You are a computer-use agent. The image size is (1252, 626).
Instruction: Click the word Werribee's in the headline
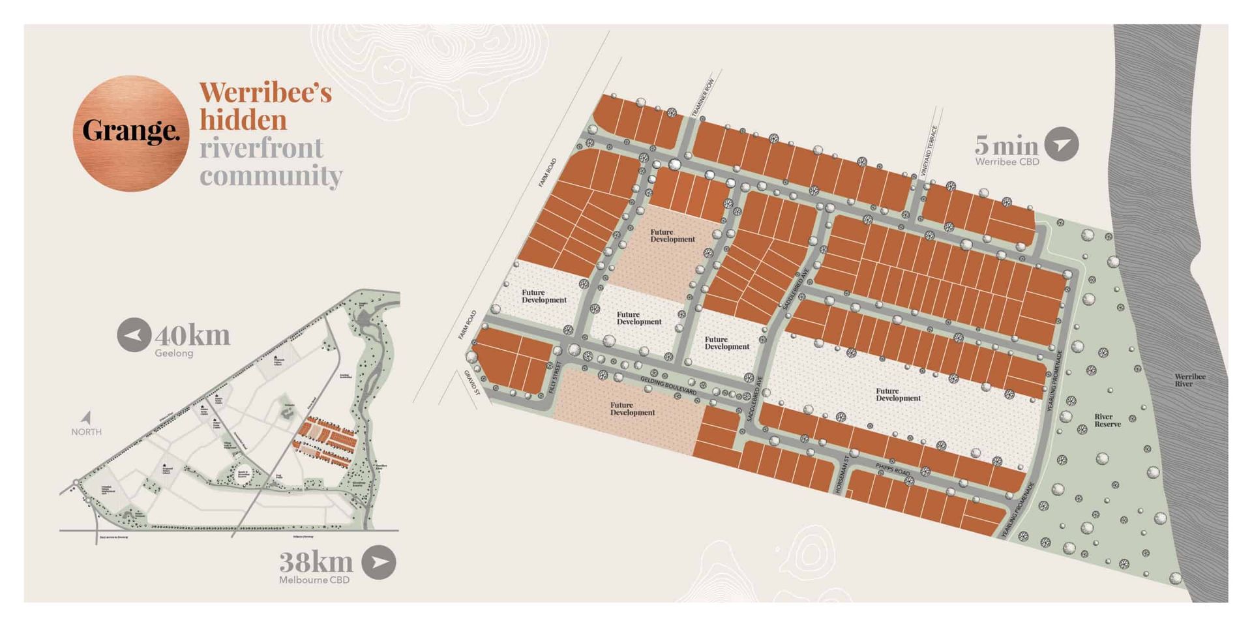pos(265,93)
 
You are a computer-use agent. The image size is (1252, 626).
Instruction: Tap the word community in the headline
pos(271,175)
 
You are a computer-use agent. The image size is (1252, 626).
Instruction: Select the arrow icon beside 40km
pos(134,335)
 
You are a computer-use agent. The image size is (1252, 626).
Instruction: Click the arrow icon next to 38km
pos(379,562)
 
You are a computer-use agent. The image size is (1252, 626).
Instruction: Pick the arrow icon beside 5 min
pos(1061,144)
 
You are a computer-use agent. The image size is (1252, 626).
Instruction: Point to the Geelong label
pos(173,353)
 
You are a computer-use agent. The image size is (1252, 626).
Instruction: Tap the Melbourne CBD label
pos(314,580)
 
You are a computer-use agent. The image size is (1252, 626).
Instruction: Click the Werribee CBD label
pos(1007,162)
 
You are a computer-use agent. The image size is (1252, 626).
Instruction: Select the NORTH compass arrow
pos(86,418)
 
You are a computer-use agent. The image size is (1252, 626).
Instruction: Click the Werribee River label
pos(1189,380)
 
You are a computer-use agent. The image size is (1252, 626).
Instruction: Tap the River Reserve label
pos(1107,421)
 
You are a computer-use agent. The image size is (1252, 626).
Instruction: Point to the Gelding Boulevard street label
pos(668,385)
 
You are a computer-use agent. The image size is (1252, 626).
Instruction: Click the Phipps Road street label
pos(892,469)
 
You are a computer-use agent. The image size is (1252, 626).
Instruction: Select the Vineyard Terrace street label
pos(929,151)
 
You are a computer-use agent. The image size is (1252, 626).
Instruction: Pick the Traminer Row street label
pos(703,98)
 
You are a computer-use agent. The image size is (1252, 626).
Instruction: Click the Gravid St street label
pos(472,383)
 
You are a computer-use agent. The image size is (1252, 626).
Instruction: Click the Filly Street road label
pos(556,377)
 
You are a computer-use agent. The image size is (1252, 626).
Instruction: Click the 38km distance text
pos(316,561)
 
